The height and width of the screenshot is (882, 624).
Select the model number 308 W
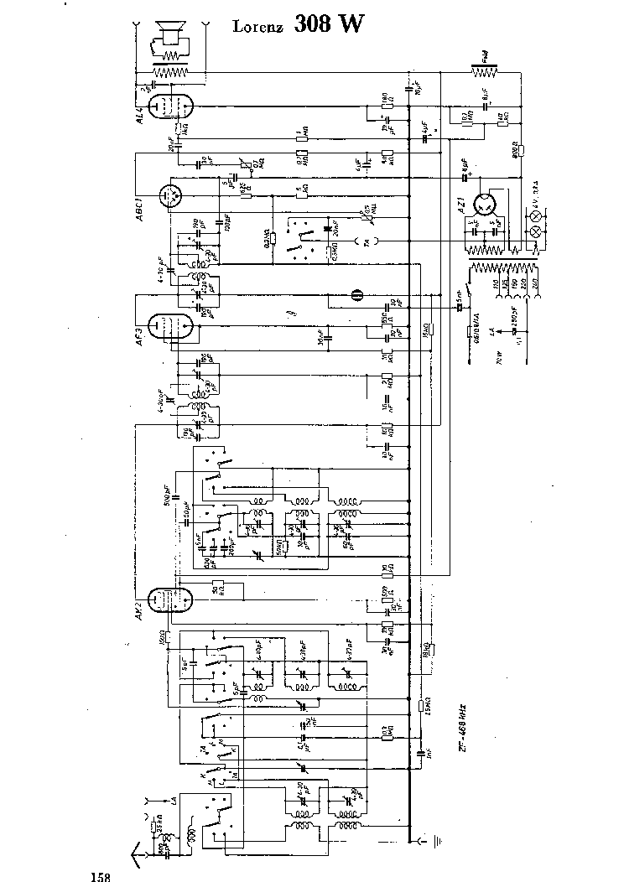click(330, 24)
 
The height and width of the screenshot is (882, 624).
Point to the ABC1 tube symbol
click(173, 196)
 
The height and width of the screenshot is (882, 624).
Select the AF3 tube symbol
click(165, 324)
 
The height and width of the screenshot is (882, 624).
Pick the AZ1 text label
click(460, 206)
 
